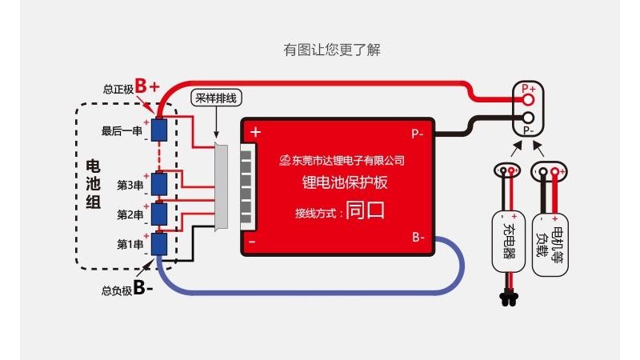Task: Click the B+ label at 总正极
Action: [x=147, y=86]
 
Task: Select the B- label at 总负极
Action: [x=143, y=288]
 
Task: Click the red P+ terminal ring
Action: [x=528, y=101]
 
